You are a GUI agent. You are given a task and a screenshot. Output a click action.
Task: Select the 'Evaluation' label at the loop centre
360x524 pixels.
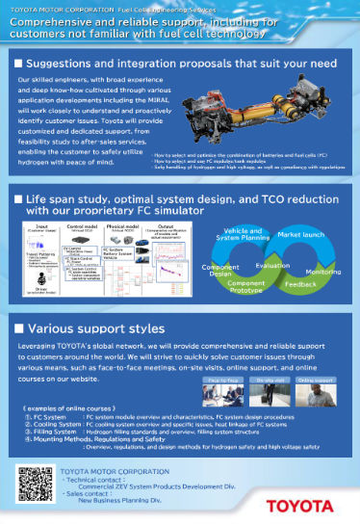(x=272, y=265)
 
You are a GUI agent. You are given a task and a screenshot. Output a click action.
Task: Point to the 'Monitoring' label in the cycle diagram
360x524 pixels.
(x=322, y=272)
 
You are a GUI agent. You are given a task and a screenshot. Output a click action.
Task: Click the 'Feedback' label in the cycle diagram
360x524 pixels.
(x=300, y=286)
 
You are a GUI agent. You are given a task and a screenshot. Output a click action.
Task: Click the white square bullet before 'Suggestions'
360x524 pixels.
(x=20, y=63)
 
